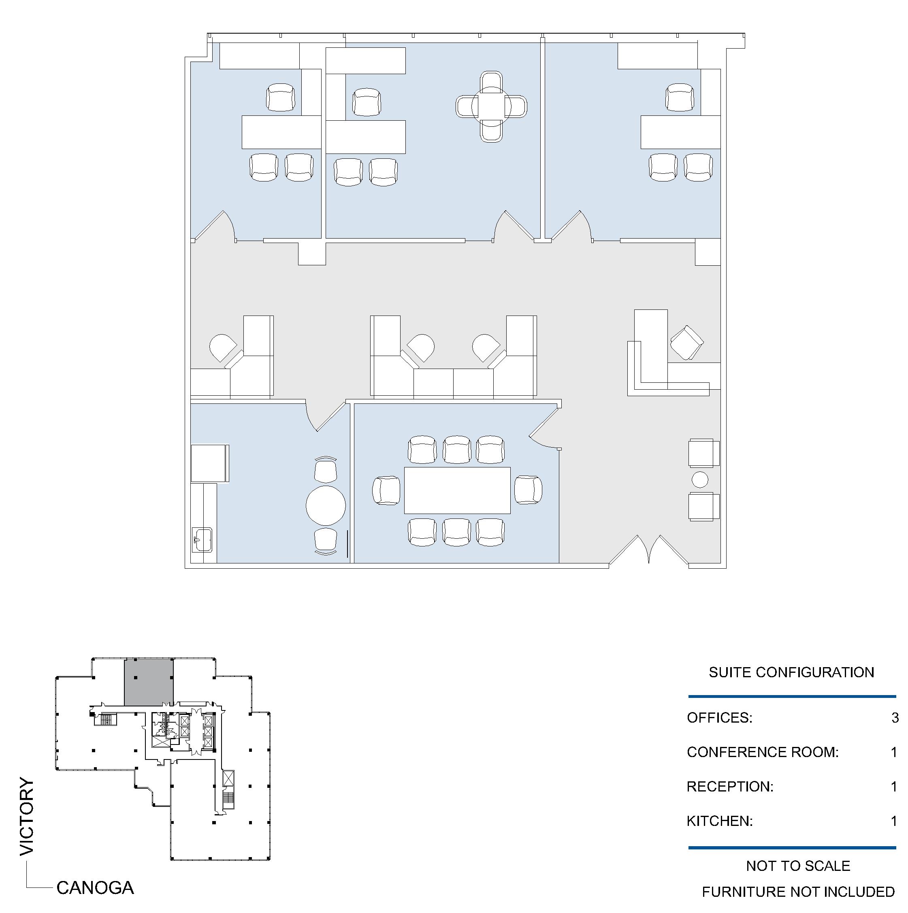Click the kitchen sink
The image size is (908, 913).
(x=202, y=539)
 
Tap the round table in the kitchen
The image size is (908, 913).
(x=326, y=505)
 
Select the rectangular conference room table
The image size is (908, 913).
(x=457, y=490)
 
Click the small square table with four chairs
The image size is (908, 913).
(x=491, y=107)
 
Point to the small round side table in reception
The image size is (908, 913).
(x=700, y=480)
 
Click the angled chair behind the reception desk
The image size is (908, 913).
(x=686, y=343)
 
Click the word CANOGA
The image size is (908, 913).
(x=95, y=888)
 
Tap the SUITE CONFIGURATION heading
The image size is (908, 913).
(x=791, y=672)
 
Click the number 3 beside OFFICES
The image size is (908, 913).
(x=894, y=718)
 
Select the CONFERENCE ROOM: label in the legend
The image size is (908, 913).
(x=763, y=752)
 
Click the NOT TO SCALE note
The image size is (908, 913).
(x=798, y=866)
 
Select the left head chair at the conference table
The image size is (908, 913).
(x=386, y=490)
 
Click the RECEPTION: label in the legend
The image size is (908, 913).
(x=730, y=787)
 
